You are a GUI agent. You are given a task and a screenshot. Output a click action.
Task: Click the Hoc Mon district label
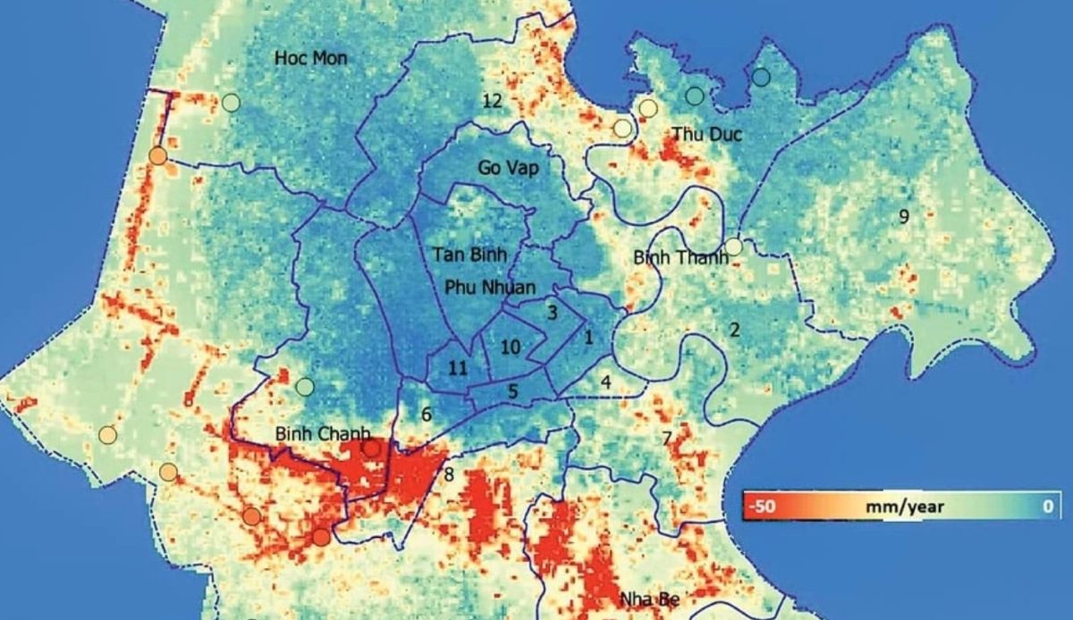[310, 59]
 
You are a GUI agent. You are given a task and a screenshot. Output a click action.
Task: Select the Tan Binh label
[469, 255]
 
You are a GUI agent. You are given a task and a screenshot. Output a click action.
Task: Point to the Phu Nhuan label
[489, 288]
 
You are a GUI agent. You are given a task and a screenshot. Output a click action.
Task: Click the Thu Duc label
[706, 134]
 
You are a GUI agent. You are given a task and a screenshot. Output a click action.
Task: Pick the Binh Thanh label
[680, 257]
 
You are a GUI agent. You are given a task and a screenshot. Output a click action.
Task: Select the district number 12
[492, 100]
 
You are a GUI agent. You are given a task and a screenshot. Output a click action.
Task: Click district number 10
[511, 348]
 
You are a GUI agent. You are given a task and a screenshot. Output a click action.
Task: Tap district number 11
[458, 368]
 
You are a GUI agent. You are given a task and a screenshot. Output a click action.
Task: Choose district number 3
[553, 313]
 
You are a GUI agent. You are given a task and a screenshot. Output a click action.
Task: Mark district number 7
[666, 439]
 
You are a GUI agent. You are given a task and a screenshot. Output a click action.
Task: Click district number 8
[449, 474]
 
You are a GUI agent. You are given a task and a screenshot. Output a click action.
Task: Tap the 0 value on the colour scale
[1047, 507]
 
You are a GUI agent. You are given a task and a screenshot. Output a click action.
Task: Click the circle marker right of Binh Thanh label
[733, 246]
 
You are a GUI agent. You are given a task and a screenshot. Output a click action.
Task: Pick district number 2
[734, 331]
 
